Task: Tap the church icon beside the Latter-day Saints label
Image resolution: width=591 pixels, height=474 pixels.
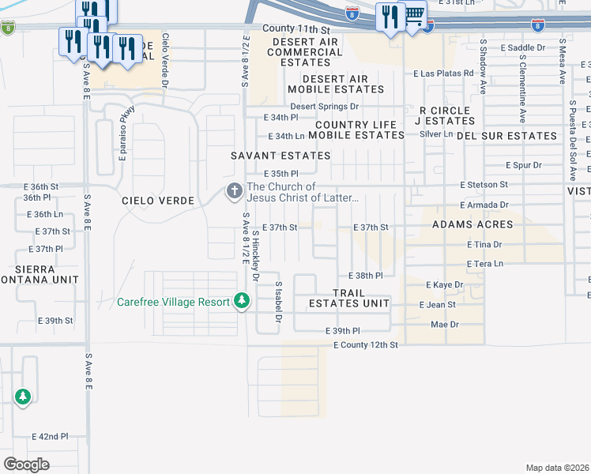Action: coord(234,191)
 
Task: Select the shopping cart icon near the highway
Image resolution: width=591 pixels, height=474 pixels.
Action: coord(413,16)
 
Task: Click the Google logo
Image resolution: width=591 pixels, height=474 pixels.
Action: coord(26,465)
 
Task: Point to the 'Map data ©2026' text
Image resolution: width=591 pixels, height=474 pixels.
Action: coord(557,468)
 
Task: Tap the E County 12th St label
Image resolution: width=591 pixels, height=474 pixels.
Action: coord(365,345)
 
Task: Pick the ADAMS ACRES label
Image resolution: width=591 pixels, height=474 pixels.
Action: coord(472,224)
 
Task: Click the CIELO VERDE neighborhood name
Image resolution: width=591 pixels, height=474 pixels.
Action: coord(158,201)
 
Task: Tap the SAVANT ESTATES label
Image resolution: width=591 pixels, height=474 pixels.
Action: coord(280,156)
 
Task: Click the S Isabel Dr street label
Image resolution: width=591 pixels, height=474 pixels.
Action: coord(278,301)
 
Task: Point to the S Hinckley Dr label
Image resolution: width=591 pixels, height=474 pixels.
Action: coord(255,261)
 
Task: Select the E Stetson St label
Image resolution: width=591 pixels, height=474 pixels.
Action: coord(484,184)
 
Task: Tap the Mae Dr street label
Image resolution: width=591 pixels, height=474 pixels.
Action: coord(445,325)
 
